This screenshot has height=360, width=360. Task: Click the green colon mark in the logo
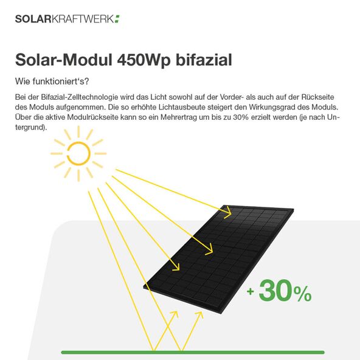(117, 19)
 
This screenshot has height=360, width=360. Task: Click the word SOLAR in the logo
(33, 19)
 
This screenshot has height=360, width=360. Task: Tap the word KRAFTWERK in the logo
(83, 19)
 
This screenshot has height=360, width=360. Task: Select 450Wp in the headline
(144, 60)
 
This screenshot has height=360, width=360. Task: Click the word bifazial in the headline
(204, 60)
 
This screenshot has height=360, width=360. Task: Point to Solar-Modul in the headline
(64, 60)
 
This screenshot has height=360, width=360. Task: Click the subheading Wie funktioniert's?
(52, 81)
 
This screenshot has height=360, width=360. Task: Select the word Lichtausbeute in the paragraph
(181, 107)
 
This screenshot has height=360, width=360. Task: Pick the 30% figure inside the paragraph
(241, 117)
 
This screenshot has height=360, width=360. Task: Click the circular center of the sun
(78, 153)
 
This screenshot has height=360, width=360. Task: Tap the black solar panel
(218, 259)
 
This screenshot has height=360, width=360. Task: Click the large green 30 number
(276, 290)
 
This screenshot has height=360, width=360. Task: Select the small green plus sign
(251, 291)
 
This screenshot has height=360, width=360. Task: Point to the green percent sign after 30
(303, 294)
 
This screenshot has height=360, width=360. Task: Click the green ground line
(193, 352)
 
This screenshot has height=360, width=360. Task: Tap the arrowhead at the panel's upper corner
(228, 212)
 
